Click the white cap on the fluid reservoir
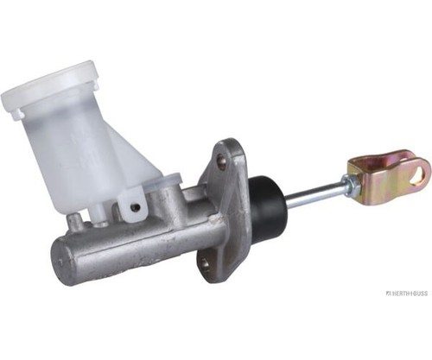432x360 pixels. [50, 88]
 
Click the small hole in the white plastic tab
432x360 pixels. [136, 207]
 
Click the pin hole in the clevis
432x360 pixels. [418, 174]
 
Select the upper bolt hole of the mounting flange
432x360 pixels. [221, 158]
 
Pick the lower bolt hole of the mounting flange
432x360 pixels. [206, 263]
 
